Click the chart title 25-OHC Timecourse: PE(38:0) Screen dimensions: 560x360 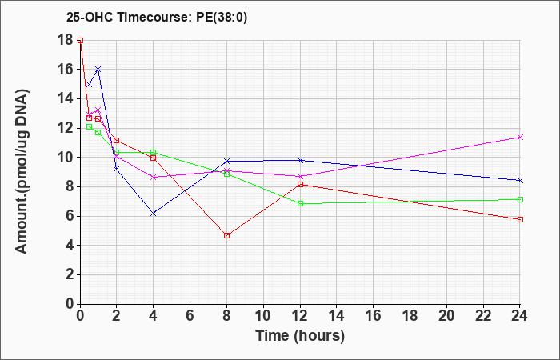157,18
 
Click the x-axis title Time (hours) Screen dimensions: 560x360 300,336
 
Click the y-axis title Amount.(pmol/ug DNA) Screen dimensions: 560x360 22,172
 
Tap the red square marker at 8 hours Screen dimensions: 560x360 226,236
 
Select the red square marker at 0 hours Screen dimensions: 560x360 80,40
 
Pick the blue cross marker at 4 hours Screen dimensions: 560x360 154,214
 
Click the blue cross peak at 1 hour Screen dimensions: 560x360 98,70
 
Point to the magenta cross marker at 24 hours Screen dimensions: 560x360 520,137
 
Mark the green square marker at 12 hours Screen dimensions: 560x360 300,203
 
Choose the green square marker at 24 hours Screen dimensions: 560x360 520,200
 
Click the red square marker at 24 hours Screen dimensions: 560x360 520,220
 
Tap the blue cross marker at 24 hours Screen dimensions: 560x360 520,181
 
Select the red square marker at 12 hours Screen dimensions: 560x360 300,185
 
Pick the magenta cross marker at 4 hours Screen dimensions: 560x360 154,177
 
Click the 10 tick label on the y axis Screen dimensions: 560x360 66,158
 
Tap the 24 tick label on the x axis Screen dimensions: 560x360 519,316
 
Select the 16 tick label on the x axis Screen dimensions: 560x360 374,316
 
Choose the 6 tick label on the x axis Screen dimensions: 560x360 190,316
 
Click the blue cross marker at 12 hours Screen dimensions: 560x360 300,160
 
